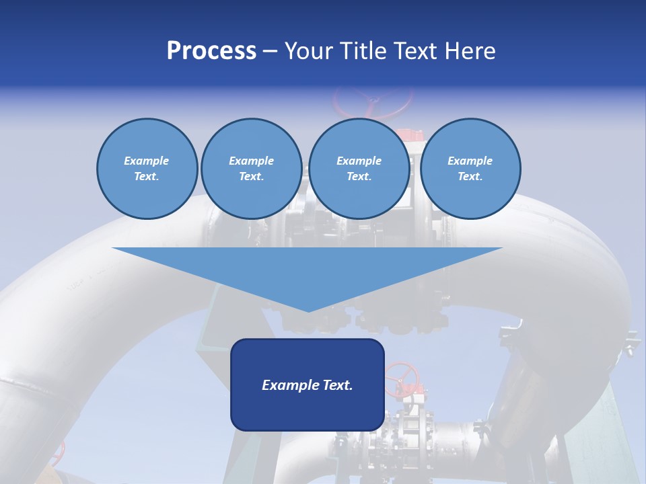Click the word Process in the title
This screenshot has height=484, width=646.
pos(211,51)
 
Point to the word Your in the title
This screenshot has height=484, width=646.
pos(310,51)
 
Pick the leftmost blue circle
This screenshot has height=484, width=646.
pos(147,169)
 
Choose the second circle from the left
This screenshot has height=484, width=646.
pos(251,169)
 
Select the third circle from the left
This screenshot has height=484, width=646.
pos(359,169)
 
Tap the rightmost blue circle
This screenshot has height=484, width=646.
pos(470,169)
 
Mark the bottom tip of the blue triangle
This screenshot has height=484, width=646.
pos(308,311)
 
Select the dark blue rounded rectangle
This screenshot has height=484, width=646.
pos(307,385)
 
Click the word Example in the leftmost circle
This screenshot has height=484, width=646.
pos(146,161)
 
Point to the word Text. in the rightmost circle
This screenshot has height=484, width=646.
pos(470,177)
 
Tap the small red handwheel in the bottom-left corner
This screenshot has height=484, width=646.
pos(63,450)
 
